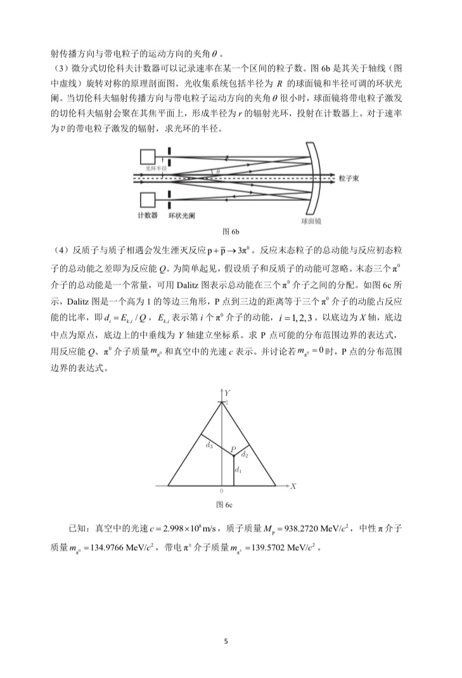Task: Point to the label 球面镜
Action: click(x=311, y=222)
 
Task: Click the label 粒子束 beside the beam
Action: click(x=350, y=179)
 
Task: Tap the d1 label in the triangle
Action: click(x=238, y=470)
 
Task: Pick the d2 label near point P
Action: click(x=245, y=454)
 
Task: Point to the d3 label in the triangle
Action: click(x=209, y=445)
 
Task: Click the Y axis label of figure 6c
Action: click(x=226, y=393)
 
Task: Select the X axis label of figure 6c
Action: click(x=293, y=486)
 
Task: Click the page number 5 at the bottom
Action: click(x=226, y=641)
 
